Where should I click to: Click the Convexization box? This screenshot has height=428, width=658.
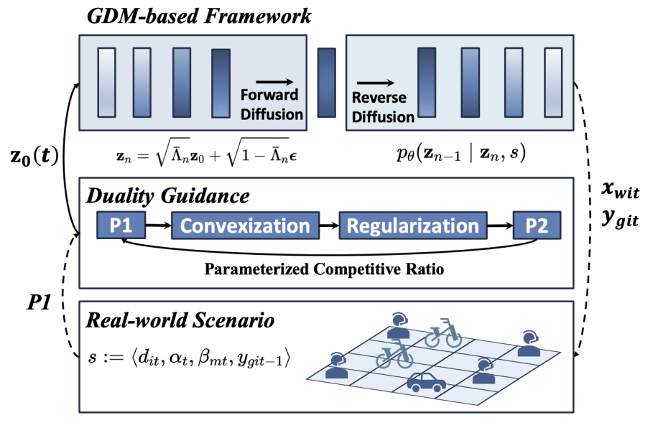(244, 225)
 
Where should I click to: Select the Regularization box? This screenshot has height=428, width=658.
(412, 225)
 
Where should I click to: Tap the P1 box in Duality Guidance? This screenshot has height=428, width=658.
(120, 225)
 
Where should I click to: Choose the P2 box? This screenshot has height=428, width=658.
(536, 225)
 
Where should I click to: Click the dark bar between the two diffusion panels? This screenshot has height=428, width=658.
(327, 82)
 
